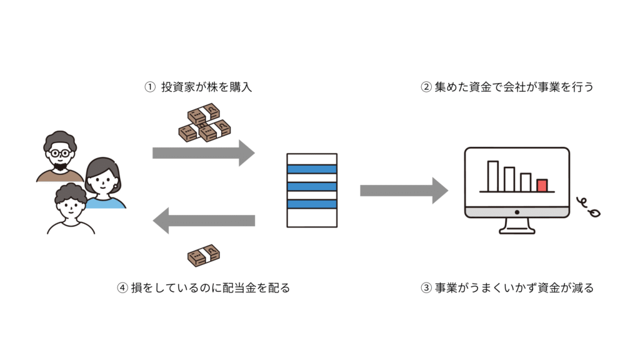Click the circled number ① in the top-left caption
tap(149, 87)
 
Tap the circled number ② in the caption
tap(426, 87)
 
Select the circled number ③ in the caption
tap(426, 288)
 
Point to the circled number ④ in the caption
tap(122, 288)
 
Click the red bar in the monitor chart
tap(542, 185)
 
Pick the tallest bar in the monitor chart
tap(493, 176)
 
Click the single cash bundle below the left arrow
tap(204, 255)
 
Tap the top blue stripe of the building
tap(311, 169)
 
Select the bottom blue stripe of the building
tap(311, 204)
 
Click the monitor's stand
tap(517, 226)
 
